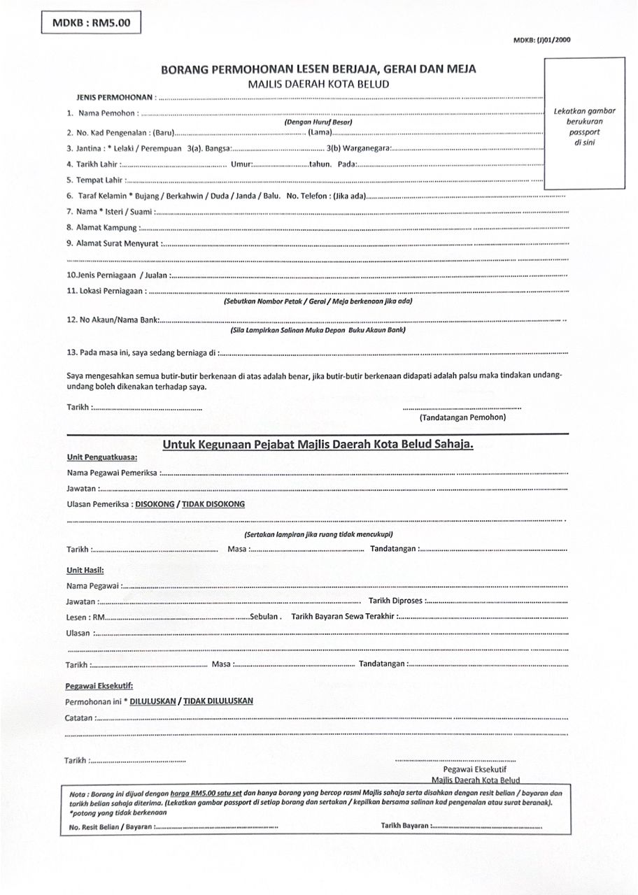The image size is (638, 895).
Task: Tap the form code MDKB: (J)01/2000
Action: click(542, 41)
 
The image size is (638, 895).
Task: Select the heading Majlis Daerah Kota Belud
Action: click(318, 84)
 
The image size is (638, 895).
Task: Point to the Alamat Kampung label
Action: click(101, 227)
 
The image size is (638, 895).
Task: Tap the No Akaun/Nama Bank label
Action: click(113, 320)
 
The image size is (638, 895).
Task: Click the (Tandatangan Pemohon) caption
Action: click(462, 417)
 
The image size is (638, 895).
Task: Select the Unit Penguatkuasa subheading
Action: click(97, 457)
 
